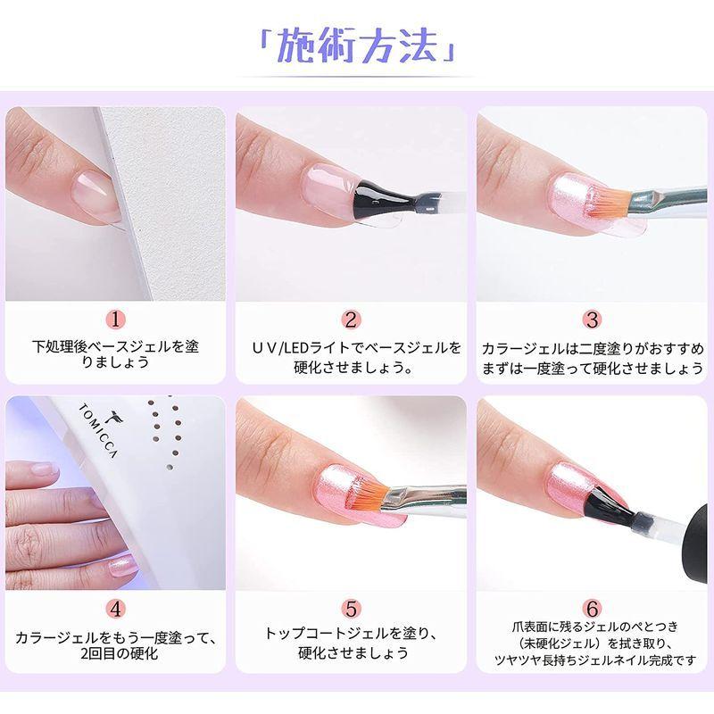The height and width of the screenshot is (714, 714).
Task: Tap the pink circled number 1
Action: tap(118, 319)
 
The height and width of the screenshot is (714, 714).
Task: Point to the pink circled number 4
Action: tap(118, 609)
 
